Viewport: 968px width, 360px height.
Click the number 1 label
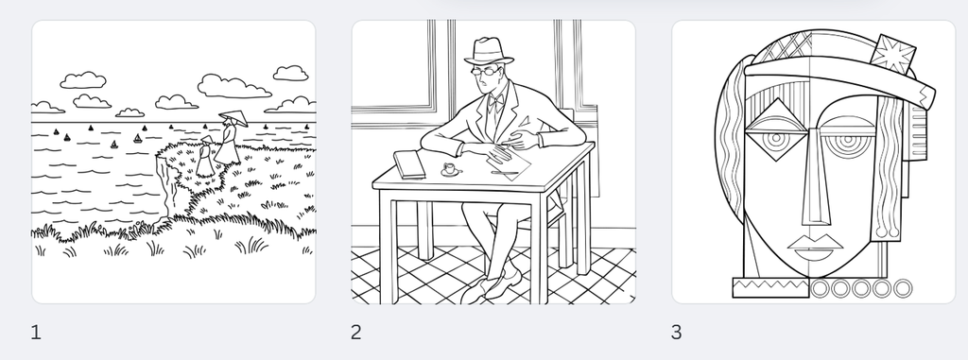point(36,332)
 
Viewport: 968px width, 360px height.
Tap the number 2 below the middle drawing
point(356,332)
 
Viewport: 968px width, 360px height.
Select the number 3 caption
point(676,332)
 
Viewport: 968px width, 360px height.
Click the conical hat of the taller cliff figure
point(232,118)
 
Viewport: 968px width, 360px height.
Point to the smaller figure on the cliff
point(205,158)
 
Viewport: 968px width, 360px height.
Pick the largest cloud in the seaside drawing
point(233,87)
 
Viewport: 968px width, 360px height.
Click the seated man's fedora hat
point(490,51)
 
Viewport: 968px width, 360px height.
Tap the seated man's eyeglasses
point(486,70)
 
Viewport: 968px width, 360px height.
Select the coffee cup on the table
point(450,169)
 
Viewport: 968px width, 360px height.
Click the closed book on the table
point(408,164)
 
